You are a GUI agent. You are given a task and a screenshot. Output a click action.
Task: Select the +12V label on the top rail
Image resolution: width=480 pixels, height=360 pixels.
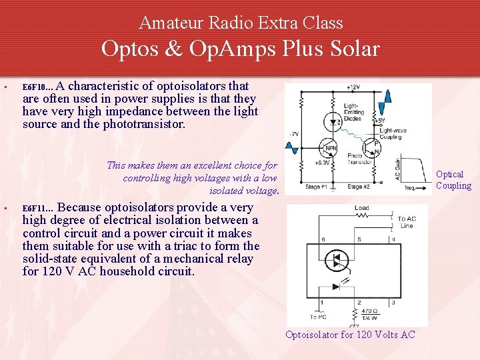[x=353, y=87]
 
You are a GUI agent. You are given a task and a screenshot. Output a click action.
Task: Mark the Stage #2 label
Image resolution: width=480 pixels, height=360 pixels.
[x=358, y=187]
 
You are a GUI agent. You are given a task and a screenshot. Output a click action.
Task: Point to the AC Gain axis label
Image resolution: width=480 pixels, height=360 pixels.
[x=397, y=168]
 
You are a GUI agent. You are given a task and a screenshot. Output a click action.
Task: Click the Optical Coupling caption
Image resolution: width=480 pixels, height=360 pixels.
[x=453, y=180]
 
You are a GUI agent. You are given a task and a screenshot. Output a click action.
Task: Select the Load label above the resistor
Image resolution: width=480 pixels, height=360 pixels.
[x=361, y=208]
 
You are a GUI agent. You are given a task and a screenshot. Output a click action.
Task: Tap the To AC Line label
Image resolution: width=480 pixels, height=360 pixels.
[x=406, y=222]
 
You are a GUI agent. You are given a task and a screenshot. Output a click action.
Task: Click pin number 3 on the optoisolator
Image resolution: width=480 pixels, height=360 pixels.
[x=395, y=303]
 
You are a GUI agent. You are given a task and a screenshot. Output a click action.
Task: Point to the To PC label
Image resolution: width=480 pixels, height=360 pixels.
[x=319, y=317]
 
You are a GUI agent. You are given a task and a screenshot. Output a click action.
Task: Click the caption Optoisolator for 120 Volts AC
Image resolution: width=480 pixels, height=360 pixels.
[x=350, y=335]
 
